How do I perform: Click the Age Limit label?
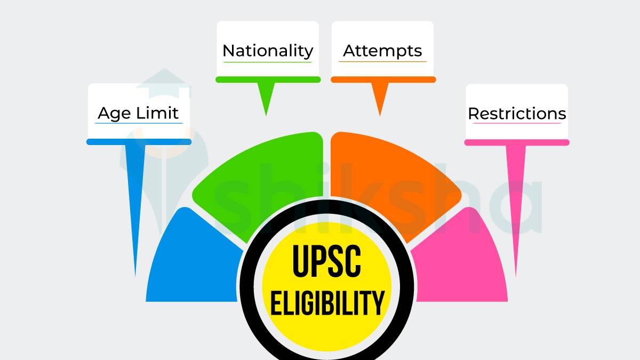click(138, 114)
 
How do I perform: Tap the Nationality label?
click(268, 51)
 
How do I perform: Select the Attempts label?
click(382, 51)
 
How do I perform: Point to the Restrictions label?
click(517, 114)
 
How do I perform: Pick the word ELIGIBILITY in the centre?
click(327, 301)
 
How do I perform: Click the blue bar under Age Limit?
click(139, 142)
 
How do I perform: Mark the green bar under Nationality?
click(268, 79)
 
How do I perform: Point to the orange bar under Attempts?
click(383, 79)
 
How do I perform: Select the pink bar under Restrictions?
click(517, 142)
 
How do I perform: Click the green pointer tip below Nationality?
click(266, 107)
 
